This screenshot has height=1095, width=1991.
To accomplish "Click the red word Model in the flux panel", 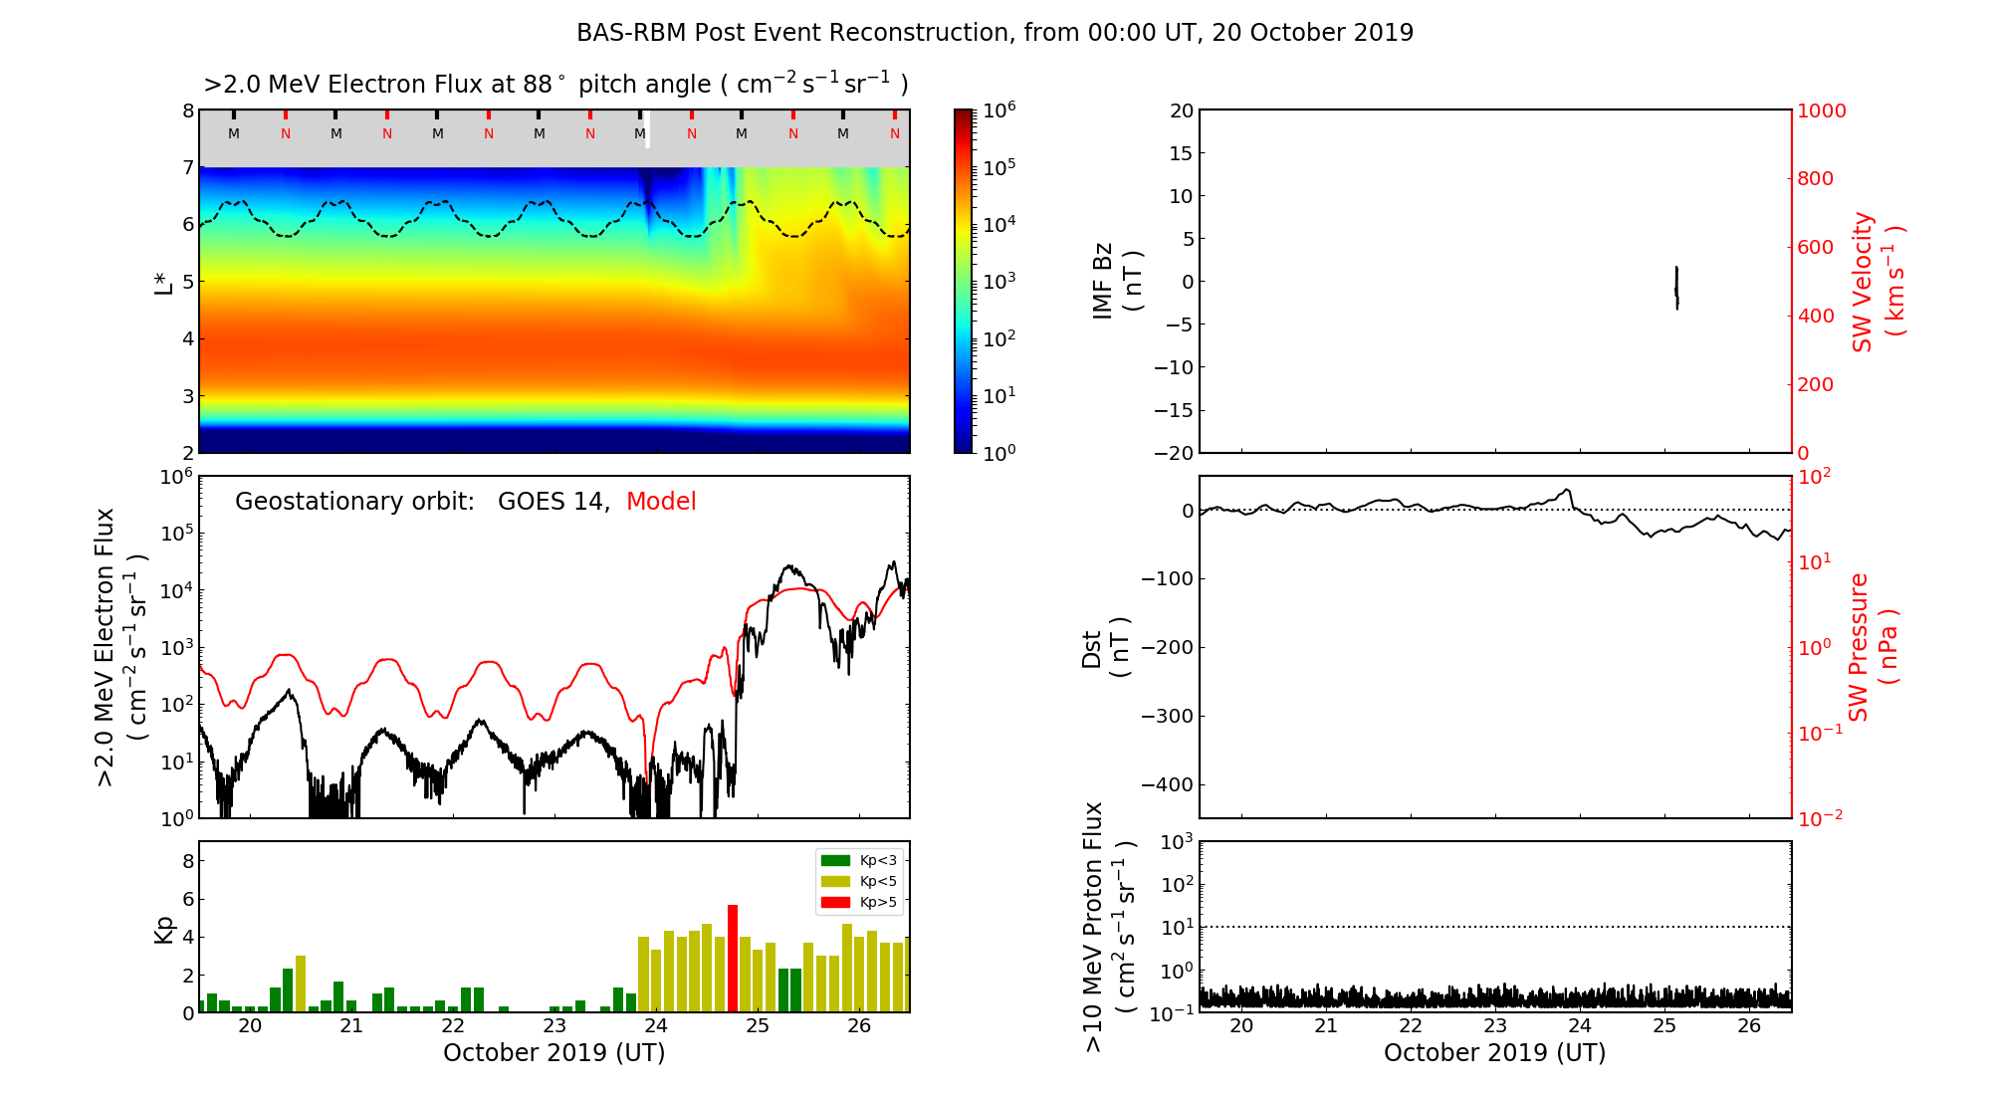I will pos(661,502).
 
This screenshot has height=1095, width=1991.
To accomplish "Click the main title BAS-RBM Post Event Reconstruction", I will pos(995,33).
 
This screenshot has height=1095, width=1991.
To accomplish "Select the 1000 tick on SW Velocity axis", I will pos(1821,110).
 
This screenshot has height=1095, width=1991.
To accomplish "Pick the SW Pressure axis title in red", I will pos(1873,647).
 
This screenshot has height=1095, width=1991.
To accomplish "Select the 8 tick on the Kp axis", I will pos(188,861).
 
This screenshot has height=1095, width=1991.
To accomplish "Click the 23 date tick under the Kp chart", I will pos(554,1026).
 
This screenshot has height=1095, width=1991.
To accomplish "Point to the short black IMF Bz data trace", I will pos(1676,288).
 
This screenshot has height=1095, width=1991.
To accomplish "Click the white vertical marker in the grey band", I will pos(648,130).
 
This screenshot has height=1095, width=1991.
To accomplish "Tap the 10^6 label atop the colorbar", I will pos(999,110).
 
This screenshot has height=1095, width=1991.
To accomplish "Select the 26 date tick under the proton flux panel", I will pos(1749,1026).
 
